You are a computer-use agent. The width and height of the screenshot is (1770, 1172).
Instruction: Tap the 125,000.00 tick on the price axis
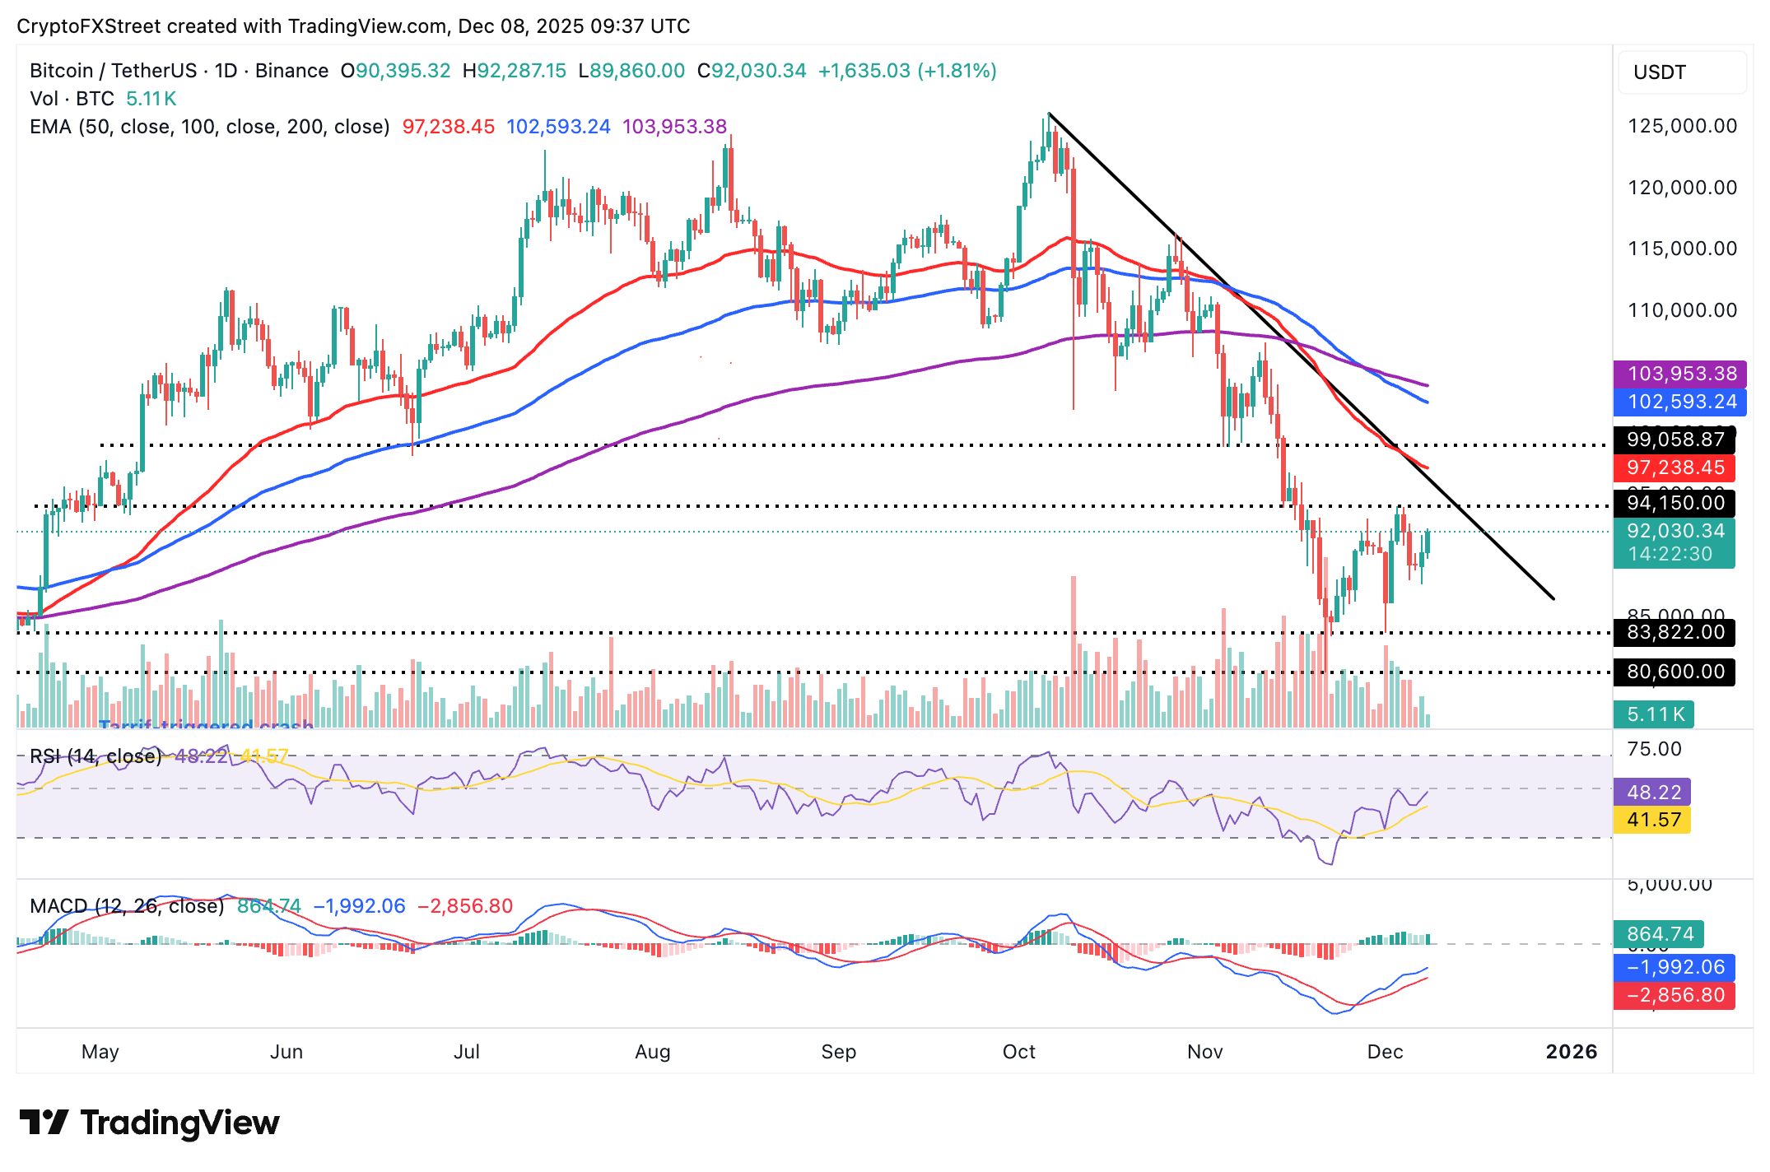pos(1682,126)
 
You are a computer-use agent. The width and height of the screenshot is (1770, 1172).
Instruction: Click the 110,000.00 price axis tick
pos(1682,310)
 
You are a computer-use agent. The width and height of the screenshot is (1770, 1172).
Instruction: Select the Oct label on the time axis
pos(1018,1052)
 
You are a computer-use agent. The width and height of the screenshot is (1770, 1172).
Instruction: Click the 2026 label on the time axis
pos(1571,1052)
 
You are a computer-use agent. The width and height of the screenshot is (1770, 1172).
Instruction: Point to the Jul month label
pos(467,1052)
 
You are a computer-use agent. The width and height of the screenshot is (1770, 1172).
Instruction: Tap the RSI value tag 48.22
pos(1653,792)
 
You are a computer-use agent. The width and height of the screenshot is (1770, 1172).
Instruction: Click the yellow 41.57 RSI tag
pos(1653,820)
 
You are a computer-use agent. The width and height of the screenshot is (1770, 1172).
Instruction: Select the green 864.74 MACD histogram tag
pos(1660,934)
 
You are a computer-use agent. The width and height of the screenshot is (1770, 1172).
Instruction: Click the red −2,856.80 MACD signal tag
pos(1675,995)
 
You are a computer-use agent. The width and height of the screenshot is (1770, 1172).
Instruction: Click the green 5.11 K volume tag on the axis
pos(1655,714)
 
